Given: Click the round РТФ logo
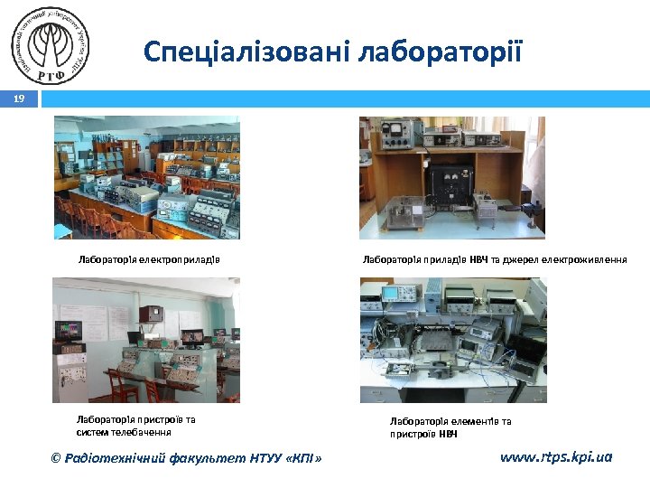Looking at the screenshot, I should tap(52, 45).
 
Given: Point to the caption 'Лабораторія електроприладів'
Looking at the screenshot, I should tap(149, 260).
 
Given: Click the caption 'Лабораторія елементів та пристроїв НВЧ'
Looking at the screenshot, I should tap(450, 427).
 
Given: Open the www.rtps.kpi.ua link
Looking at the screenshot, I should tap(555, 457).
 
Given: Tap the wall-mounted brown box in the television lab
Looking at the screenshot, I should tap(153, 314).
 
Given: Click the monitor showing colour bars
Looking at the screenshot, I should tap(68, 330).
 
